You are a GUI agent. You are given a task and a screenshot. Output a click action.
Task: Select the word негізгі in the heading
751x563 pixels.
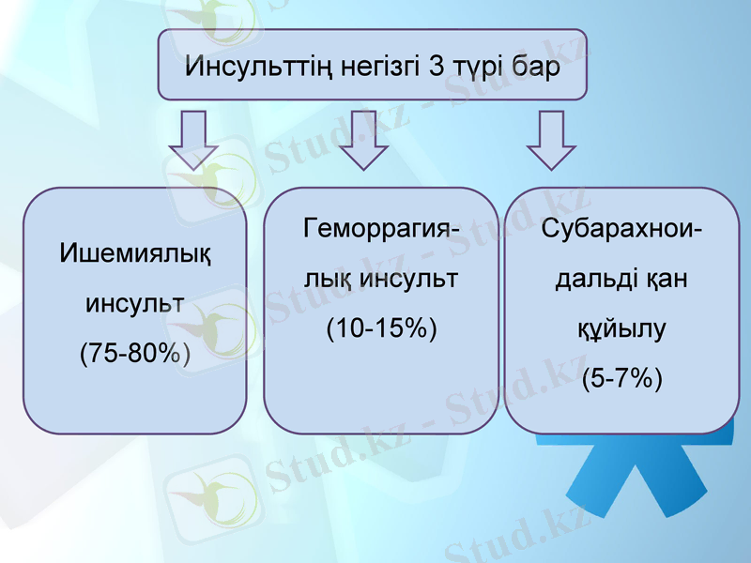tap(363, 68)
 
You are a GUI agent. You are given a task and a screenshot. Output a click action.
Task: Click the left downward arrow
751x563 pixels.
tap(193, 139)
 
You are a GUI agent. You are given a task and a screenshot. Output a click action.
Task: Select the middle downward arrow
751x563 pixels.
tap(364, 139)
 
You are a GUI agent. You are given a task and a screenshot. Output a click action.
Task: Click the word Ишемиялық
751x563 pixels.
tap(135, 254)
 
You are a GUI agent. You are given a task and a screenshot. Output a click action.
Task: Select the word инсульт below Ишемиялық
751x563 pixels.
tap(135, 304)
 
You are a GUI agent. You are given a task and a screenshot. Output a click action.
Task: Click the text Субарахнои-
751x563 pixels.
tap(622, 229)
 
